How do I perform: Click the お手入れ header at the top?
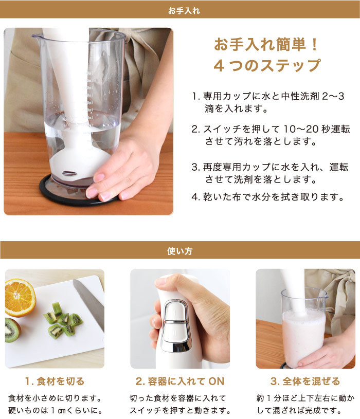[x=184, y=11]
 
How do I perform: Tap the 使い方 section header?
[x=179, y=251]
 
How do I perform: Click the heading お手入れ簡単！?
[x=266, y=44]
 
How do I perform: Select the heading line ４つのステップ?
[x=267, y=65]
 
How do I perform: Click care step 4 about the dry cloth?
[x=267, y=197]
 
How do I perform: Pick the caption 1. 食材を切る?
[x=55, y=381]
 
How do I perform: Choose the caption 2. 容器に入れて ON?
[x=179, y=381]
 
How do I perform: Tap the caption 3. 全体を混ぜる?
[x=305, y=381]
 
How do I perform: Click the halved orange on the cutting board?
[x=20, y=298]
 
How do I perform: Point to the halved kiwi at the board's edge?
[x=12, y=330]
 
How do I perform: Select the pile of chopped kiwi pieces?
[x=63, y=321]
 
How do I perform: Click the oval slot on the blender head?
[x=69, y=173]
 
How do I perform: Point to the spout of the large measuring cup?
[x=35, y=35]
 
